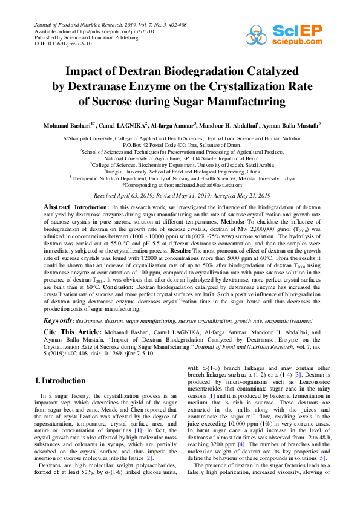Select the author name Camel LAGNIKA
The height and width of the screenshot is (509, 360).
[124, 125]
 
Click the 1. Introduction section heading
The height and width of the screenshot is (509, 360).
[60, 380]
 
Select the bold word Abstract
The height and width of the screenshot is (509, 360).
[57, 207]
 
